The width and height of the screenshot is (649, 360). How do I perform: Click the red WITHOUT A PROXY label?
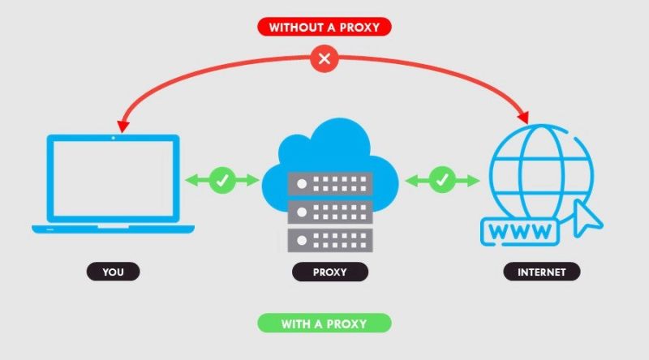(x=324, y=27)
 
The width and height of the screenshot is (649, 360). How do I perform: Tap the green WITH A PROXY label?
(x=324, y=324)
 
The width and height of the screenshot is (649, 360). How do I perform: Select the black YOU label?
(x=113, y=272)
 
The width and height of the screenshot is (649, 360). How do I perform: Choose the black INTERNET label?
(x=541, y=272)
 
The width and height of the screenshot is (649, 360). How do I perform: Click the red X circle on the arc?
(x=324, y=58)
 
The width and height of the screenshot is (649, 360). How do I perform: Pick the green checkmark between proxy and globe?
(x=441, y=180)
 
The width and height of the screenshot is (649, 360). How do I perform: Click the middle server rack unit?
(x=329, y=212)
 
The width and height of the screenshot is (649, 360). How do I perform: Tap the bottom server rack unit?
(x=329, y=240)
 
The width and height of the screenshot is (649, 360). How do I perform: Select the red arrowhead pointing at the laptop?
(x=122, y=126)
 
